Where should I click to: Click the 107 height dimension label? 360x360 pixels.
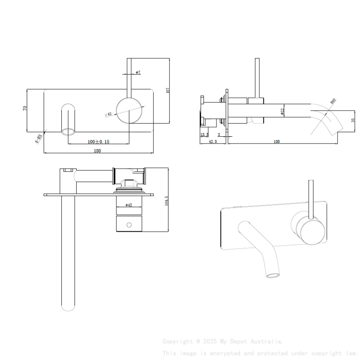pyautogui.click(x=168, y=90)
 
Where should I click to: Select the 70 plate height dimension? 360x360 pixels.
pyautogui.click(x=25, y=108)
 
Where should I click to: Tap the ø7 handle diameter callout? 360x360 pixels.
pyautogui.click(x=138, y=72)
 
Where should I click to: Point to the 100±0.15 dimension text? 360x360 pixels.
pyautogui.click(x=98, y=141)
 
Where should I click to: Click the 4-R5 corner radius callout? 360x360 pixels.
pyautogui.click(x=39, y=139)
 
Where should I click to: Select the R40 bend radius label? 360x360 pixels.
pyautogui.click(x=333, y=102)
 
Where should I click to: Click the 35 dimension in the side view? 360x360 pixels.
pyautogui.click(x=353, y=120)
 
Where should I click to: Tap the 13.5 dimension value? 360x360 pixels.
pyautogui.click(x=204, y=135)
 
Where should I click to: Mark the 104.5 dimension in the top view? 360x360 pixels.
pyautogui.click(x=166, y=200)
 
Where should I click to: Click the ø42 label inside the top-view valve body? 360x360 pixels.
pyautogui.click(x=129, y=205)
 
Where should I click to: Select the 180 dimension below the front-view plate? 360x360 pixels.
pyautogui.click(x=97, y=151)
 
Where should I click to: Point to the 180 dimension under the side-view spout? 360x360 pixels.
pyautogui.click(x=277, y=141)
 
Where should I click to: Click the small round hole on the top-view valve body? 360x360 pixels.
pyautogui.click(x=129, y=224)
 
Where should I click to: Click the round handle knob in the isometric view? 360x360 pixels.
pyautogui.click(x=313, y=232)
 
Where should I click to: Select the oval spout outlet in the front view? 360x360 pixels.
pyautogui.click(x=68, y=131)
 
